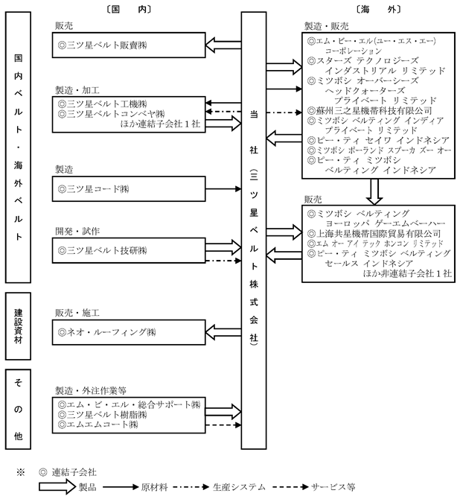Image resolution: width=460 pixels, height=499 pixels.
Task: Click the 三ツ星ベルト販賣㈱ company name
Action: click(x=102, y=45)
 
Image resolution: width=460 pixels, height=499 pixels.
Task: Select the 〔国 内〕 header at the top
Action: click(x=128, y=9)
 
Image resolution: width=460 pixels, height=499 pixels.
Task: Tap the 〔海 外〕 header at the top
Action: click(x=378, y=9)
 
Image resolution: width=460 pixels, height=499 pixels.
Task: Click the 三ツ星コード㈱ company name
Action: click(x=93, y=189)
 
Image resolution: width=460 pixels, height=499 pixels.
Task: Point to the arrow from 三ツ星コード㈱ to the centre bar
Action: click(x=223, y=189)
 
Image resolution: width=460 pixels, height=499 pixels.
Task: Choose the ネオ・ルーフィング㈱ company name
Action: click(x=106, y=332)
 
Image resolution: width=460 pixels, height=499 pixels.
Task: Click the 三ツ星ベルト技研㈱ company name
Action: click(x=102, y=250)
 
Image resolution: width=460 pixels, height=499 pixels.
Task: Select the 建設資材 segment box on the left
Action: click(x=18, y=326)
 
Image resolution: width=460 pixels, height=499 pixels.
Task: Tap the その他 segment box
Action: click(x=18, y=410)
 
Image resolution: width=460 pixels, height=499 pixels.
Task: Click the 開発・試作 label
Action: click(x=77, y=232)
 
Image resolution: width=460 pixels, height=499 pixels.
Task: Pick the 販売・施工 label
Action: click(x=77, y=313)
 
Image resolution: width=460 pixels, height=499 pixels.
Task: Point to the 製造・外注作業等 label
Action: click(x=91, y=390)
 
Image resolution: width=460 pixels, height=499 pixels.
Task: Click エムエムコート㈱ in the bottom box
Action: click(x=98, y=425)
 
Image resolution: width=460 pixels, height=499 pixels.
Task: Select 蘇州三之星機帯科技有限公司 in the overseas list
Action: click(x=370, y=110)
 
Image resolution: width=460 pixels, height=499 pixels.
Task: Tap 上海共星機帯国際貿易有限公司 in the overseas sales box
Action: click(x=374, y=234)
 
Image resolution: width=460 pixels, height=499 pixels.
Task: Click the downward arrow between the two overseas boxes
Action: click(x=374, y=192)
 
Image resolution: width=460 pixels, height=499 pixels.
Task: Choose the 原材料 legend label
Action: click(x=154, y=487)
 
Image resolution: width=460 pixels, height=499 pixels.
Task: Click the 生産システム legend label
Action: click(x=239, y=487)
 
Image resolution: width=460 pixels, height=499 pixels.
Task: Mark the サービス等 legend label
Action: click(x=333, y=487)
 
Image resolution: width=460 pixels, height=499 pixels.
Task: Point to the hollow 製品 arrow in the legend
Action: click(x=57, y=487)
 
